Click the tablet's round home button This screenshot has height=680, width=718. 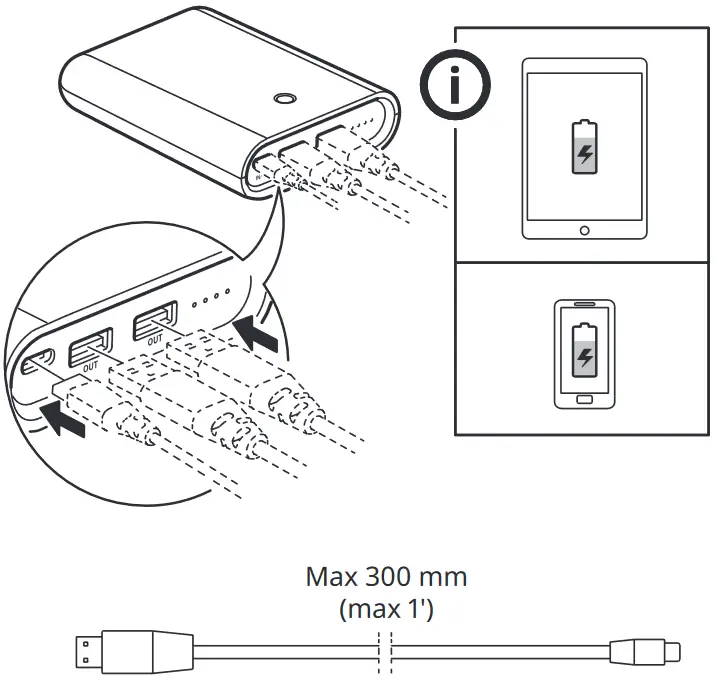(x=584, y=229)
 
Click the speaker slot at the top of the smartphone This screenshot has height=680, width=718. (x=584, y=304)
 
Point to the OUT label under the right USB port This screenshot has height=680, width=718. (x=155, y=341)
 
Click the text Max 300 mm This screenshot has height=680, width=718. (x=386, y=577)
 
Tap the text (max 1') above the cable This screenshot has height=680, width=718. (x=386, y=607)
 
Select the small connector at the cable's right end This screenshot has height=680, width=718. (x=649, y=654)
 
